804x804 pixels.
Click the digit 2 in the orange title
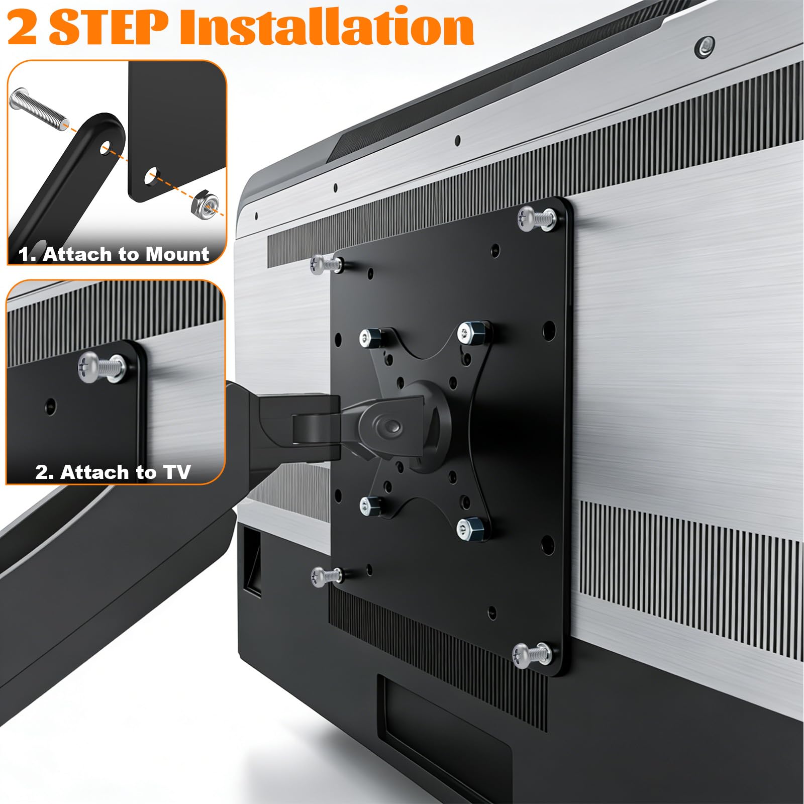pos(23,29)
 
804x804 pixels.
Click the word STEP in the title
pos(108,29)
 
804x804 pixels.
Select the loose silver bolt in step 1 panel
pos(38,108)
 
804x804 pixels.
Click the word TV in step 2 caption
pos(176,472)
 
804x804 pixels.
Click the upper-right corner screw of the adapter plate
pos(537,219)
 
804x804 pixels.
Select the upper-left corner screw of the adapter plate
pos(326,264)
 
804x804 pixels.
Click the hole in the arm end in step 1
pos(106,147)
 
